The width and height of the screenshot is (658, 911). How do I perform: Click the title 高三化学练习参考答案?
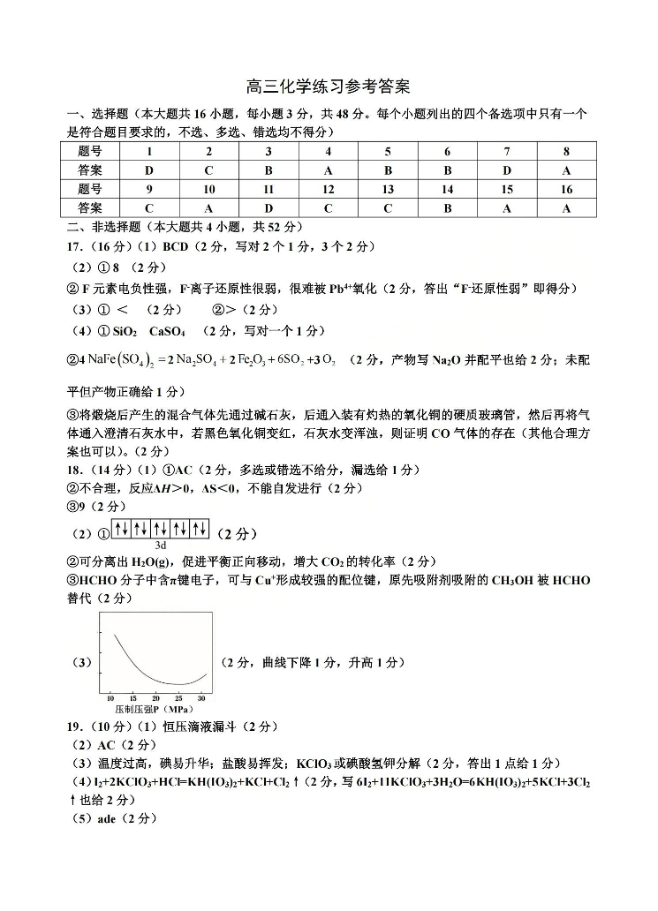pyautogui.click(x=329, y=87)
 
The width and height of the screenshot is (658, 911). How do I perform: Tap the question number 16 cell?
pyautogui.click(x=566, y=189)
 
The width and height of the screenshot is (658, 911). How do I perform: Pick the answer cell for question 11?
pyautogui.click(x=268, y=208)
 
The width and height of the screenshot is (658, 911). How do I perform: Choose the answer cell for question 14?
pyautogui.click(x=447, y=208)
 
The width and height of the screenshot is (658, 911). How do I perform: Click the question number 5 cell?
pyautogui.click(x=388, y=151)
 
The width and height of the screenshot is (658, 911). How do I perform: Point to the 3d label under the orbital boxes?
pyautogui.click(x=161, y=545)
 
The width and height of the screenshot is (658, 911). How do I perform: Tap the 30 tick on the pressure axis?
pyautogui.click(x=201, y=697)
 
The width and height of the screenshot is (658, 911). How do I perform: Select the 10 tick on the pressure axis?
pyautogui.click(x=110, y=697)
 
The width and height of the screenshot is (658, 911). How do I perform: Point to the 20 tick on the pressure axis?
pyautogui.click(x=155, y=697)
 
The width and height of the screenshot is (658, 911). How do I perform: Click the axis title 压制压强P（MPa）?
pyautogui.click(x=155, y=709)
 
